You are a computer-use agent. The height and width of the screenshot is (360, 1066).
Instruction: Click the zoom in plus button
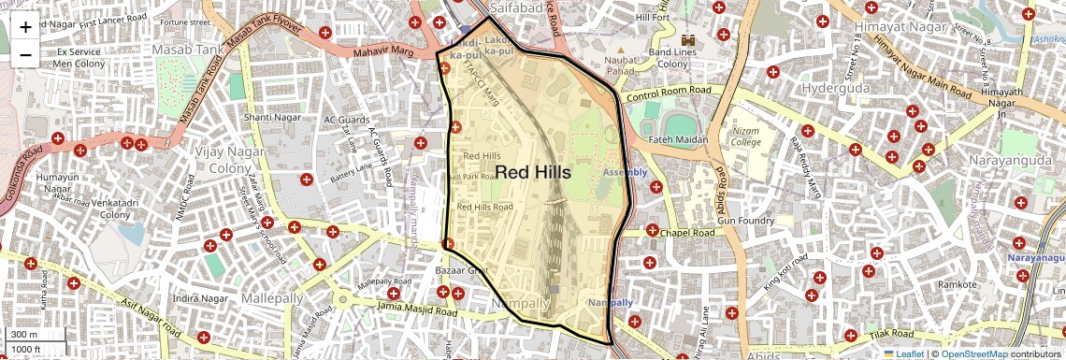coord(25,27)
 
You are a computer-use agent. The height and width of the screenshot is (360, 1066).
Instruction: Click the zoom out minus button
coord(25,54)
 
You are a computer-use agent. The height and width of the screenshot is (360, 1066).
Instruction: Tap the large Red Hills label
coord(532,172)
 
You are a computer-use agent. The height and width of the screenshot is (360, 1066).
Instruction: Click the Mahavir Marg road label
coord(382,52)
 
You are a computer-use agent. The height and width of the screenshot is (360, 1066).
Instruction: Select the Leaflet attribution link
coord(903,353)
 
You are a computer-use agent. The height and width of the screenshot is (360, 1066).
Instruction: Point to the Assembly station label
coord(625,173)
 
